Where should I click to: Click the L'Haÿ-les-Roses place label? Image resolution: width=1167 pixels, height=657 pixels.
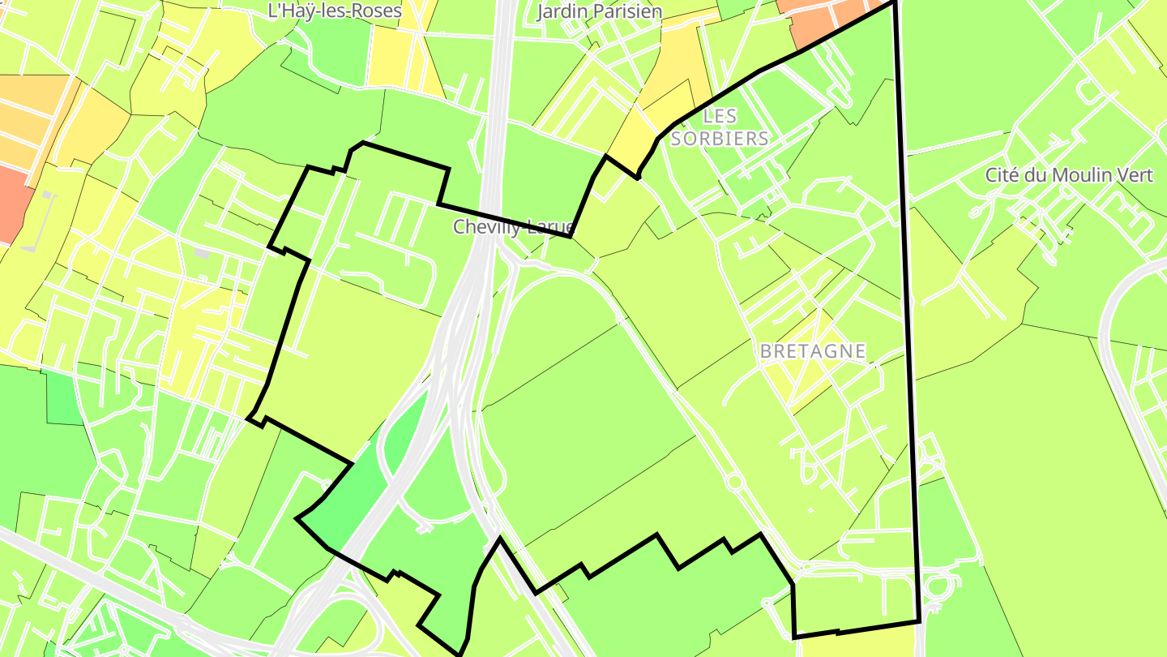(335, 11)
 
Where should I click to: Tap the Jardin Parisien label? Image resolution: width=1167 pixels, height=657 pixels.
(599, 11)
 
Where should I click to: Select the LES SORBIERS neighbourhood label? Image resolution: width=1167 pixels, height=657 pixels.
(720, 127)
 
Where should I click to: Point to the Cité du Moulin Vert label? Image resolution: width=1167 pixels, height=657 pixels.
(1068, 175)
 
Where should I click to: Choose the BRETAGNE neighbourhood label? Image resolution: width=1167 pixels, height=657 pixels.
(813, 352)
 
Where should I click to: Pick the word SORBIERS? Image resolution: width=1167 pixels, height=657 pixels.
(720, 139)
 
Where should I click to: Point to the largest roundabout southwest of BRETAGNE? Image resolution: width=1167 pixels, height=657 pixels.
(735, 483)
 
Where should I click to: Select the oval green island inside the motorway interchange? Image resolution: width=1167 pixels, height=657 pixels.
(403, 430)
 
